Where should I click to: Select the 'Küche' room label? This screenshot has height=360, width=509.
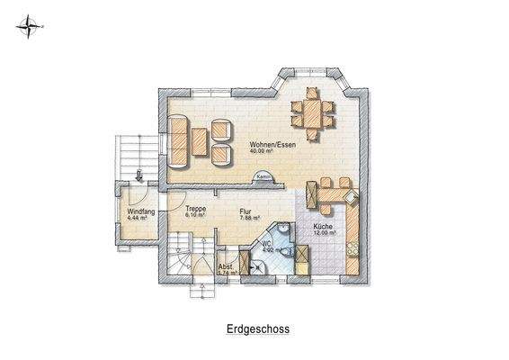pos(323,226)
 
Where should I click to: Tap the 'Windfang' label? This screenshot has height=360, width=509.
pos(133,211)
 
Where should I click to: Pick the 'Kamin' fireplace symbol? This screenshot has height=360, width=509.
pos(263,176)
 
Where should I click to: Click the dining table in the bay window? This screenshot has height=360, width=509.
pos(311,114)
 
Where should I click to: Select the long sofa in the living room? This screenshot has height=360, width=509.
pos(178,140)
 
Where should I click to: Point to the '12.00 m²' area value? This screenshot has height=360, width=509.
pos(325,233)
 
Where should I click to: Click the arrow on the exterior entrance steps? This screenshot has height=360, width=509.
pos(140,173)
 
